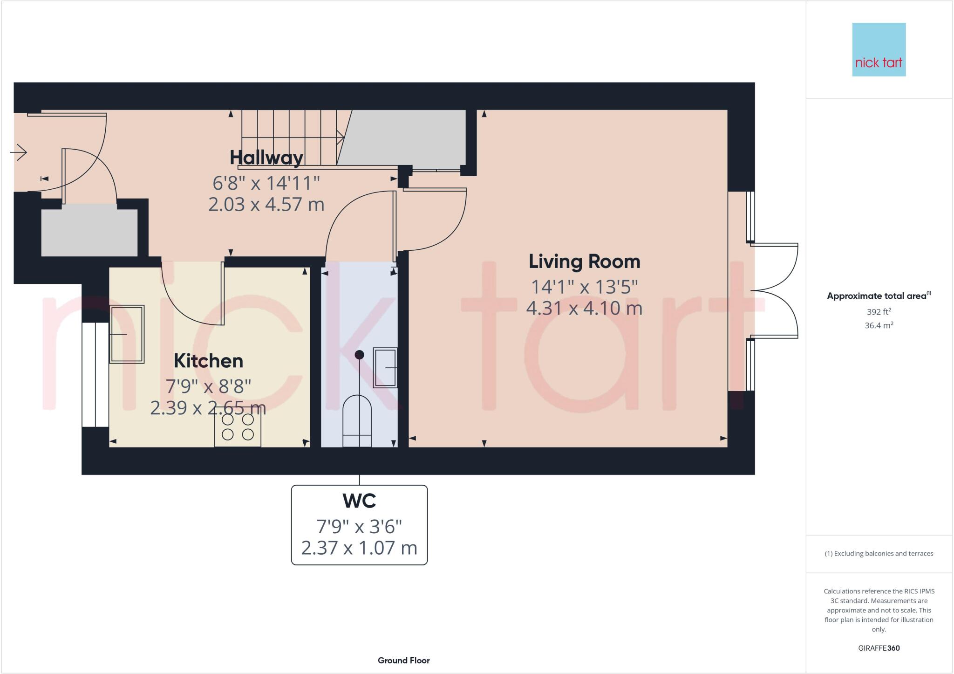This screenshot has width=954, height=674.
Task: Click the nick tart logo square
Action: [x=879, y=49]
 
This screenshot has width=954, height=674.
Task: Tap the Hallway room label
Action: [x=266, y=158]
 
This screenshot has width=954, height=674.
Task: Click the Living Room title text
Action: [x=584, y=261]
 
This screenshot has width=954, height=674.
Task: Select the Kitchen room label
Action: [x=208, y=361]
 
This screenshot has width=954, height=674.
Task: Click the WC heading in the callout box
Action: [x=359, y=501]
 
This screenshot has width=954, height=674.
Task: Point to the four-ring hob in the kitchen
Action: [x=238, y=427]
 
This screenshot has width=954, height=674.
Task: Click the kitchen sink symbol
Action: [x=127, y=334]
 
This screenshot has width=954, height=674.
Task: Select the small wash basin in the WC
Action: [x=385, y=368]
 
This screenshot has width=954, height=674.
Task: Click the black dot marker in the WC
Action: [x=359, y=355]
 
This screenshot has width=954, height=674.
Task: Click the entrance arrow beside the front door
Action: [x=19, y=152]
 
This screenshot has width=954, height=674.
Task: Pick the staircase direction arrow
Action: [x=340, y=137]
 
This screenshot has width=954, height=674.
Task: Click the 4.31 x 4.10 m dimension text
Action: [x=584, y=308]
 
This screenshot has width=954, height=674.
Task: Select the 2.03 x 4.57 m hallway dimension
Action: [x=266, y=205]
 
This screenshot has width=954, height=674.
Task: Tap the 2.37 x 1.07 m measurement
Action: [x=359, y=548]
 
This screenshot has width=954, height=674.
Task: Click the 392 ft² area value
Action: [x=879, y=312]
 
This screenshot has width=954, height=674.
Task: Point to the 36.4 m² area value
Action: [x=879, y=325]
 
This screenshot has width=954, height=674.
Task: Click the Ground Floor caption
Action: [x=403, y=660]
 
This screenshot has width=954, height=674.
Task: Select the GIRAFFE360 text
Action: [x=879, y=648]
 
